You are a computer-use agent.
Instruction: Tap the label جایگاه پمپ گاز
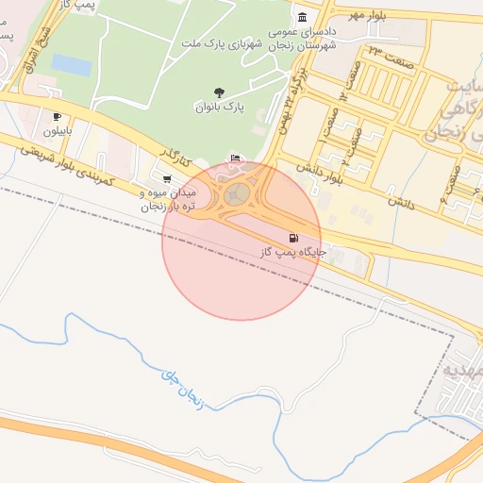293,253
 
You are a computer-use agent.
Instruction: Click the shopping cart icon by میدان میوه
167,177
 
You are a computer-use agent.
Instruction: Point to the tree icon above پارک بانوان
220,92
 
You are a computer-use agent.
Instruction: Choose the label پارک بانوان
221,108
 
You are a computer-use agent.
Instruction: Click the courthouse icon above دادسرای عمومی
301,18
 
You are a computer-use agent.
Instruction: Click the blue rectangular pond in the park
72,64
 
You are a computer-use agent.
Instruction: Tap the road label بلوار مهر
369,15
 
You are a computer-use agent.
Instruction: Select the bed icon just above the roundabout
235,158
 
